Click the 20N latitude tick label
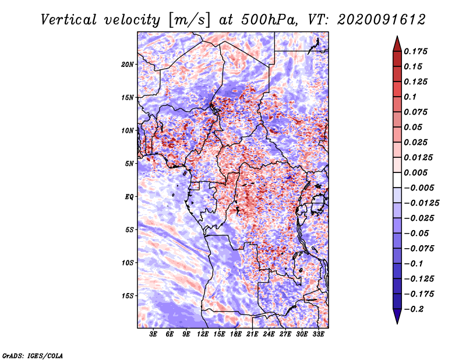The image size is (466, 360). click(x=128, y=64)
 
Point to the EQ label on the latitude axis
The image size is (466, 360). click(x=129, y=196)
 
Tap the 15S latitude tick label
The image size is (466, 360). click(x=128, y=295)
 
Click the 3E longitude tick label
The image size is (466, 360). click(x=154, y=335)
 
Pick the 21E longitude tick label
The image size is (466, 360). click(x=252, y=335)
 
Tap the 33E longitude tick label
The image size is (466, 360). click(x=318, y=335)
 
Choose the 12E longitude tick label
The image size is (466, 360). click(x=203, y=335)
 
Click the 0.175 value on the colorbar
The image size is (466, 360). click(x=417, y=51)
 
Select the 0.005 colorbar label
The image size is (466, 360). click(x=417, y=173)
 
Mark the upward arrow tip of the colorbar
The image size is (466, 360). click(x=397, y=38)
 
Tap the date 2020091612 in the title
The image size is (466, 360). click(x=378, y=19)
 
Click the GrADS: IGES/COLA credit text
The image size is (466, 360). click(x=33, y=355)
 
